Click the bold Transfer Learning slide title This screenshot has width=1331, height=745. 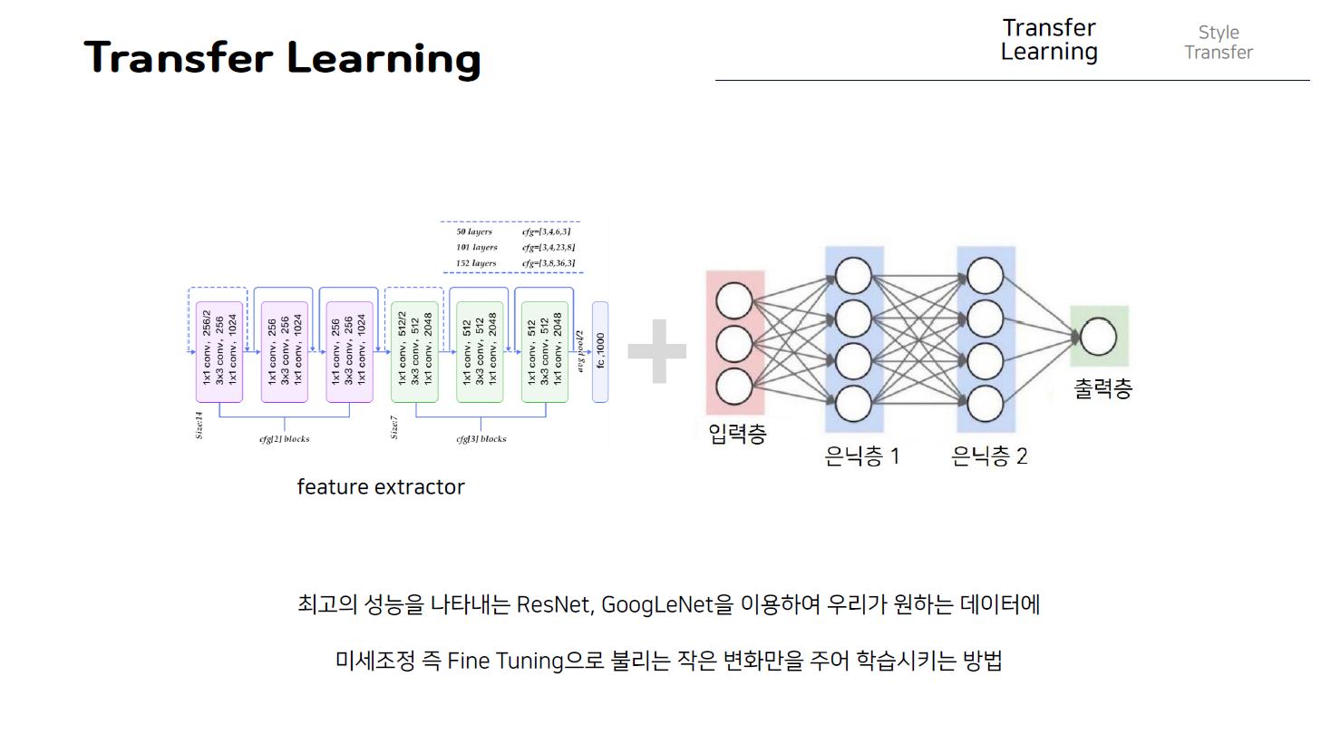[282, 57]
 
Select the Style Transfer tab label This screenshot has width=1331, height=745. [1218, 43]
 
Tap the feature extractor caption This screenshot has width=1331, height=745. [381, 487]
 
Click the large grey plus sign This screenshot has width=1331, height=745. [657, 351]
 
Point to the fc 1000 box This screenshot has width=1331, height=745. [600, 351]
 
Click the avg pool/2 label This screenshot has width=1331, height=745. [580, 351]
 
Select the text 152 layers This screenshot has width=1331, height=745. [476, 263]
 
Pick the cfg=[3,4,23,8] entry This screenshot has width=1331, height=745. [548, 247]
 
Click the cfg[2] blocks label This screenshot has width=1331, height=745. [285, 439]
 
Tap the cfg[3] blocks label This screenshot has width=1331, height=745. [481, 439]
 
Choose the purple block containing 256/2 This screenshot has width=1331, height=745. [219, 351]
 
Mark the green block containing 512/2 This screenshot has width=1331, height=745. [414, 351]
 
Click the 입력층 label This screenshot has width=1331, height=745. [737, 434]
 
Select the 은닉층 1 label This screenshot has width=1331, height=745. [861, 456]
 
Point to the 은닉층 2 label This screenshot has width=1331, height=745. [989, 456]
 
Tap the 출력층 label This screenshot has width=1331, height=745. [1103, 388]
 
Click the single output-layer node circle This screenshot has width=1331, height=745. [1098, 337]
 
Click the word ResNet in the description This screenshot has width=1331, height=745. [553, 604]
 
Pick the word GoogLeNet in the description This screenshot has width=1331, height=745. [657, 604]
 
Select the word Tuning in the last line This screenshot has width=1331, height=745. [529, 661]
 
